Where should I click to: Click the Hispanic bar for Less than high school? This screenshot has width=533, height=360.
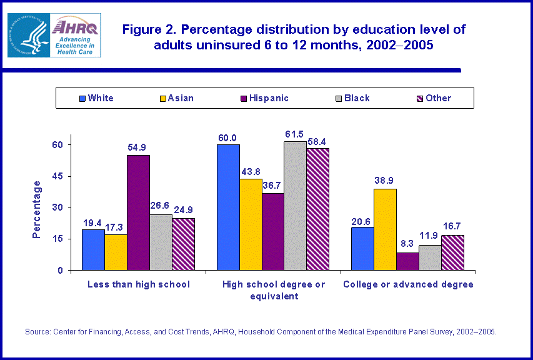pyautogui.click(x=138, y=212)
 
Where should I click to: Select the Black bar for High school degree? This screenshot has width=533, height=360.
pyautogui.click(x=295, y=206)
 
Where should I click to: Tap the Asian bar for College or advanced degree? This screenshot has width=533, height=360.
pyautogui.click(x=385, y=229)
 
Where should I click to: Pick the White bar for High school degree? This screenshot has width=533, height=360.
pyautogui.click(x=228, y=207)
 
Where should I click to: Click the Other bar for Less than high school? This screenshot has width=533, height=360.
pyautogui.click(x=183, y=244)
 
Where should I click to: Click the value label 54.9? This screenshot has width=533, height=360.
pyautogui.click(x=138, y=147)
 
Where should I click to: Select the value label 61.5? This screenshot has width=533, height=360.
pyautogui.click(x=295, y=134)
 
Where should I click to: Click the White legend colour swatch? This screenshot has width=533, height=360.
pyautogui.click(x=82, y=98)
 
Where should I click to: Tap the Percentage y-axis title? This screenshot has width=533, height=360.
pyautogui.click(x=37, y=209)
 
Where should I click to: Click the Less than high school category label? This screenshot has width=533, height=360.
pyautogui.click(x=139, y=284)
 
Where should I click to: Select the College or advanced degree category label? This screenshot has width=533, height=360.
pyautogui.click(x=408, y=284)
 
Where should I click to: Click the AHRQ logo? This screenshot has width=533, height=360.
pyautogui.click(x=76, y=36)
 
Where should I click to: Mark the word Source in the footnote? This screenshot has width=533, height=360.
pyautogui.click(x=37, y=332)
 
